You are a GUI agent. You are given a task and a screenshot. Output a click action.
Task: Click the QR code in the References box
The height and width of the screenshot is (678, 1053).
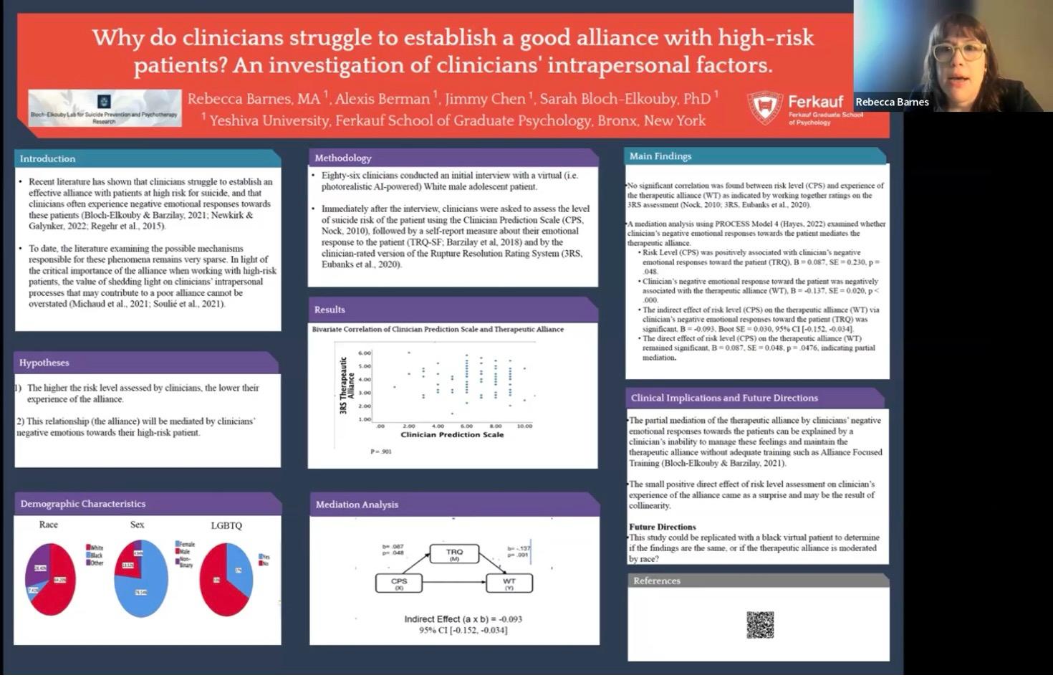tap(760, 624)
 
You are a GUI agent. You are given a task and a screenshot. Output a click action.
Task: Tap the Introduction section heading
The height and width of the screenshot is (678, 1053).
tap(47, 158)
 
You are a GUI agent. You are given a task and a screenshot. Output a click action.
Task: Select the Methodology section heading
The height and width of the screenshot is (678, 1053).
tap(343, 158)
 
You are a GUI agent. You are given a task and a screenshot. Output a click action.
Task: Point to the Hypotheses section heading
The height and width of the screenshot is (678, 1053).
tap(44, 363)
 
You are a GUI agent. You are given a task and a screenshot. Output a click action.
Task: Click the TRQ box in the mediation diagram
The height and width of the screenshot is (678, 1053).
tap(454, 554)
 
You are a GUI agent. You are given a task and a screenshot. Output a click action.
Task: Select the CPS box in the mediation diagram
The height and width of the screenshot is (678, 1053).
tap(399, 583)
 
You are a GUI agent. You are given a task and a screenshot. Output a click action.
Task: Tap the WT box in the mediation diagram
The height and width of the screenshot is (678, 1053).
tap(509, 583)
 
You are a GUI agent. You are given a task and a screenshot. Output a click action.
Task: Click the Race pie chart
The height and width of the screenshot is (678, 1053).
tap(50, 578)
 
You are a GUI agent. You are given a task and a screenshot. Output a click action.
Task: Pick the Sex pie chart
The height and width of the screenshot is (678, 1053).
tap(140, 578)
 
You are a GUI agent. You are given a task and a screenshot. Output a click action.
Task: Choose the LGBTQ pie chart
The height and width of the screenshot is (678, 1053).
tap(226, 579)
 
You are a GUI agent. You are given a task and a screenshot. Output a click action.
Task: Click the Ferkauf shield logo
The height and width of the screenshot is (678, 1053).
tap(764, 108)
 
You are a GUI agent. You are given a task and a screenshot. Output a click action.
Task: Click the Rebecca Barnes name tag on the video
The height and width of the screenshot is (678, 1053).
tap(892, 102)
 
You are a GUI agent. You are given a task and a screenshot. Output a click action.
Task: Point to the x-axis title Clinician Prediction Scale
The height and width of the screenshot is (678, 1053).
tap(452, 434)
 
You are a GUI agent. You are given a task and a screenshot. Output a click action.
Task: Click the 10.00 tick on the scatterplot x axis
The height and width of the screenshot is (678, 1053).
tap(524, 426)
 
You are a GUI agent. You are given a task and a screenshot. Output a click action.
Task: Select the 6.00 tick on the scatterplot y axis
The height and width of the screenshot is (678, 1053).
tap(365, 353)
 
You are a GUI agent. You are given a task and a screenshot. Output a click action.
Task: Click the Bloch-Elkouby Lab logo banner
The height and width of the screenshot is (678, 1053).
tap(105, 108)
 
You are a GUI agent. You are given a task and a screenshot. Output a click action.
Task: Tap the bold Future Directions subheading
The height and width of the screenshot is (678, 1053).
tap(663, 527)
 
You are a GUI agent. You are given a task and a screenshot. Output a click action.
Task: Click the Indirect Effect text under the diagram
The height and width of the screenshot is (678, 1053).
tap(463, 619)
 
